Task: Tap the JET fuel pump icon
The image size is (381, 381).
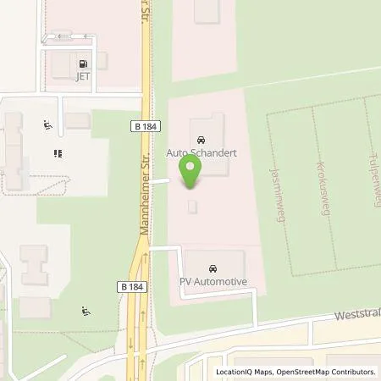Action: [x=83, y=63]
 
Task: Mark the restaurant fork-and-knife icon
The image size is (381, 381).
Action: [x=59, y=154]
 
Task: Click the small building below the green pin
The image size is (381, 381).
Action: [x=193, y=206]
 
